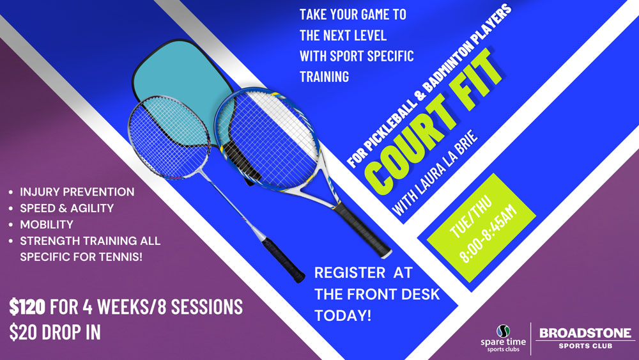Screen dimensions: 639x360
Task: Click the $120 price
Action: point(27,306)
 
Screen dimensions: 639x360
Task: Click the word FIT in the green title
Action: point(477,79)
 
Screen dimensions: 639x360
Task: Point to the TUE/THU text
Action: point(471,217)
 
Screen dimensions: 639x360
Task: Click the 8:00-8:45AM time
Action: point(488,233)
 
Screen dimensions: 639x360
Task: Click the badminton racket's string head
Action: point(169,137)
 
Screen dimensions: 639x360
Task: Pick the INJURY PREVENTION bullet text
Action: point(77,192)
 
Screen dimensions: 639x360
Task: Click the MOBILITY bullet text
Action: point(47,224)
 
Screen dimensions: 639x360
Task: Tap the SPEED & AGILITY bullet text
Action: point(67,208)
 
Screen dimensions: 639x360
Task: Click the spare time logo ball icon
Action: point(504,331)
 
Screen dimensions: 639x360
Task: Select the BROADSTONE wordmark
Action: point(585,333)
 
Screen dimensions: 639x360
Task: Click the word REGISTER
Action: point(350,273)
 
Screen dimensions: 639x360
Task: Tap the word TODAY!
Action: point(343,315)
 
